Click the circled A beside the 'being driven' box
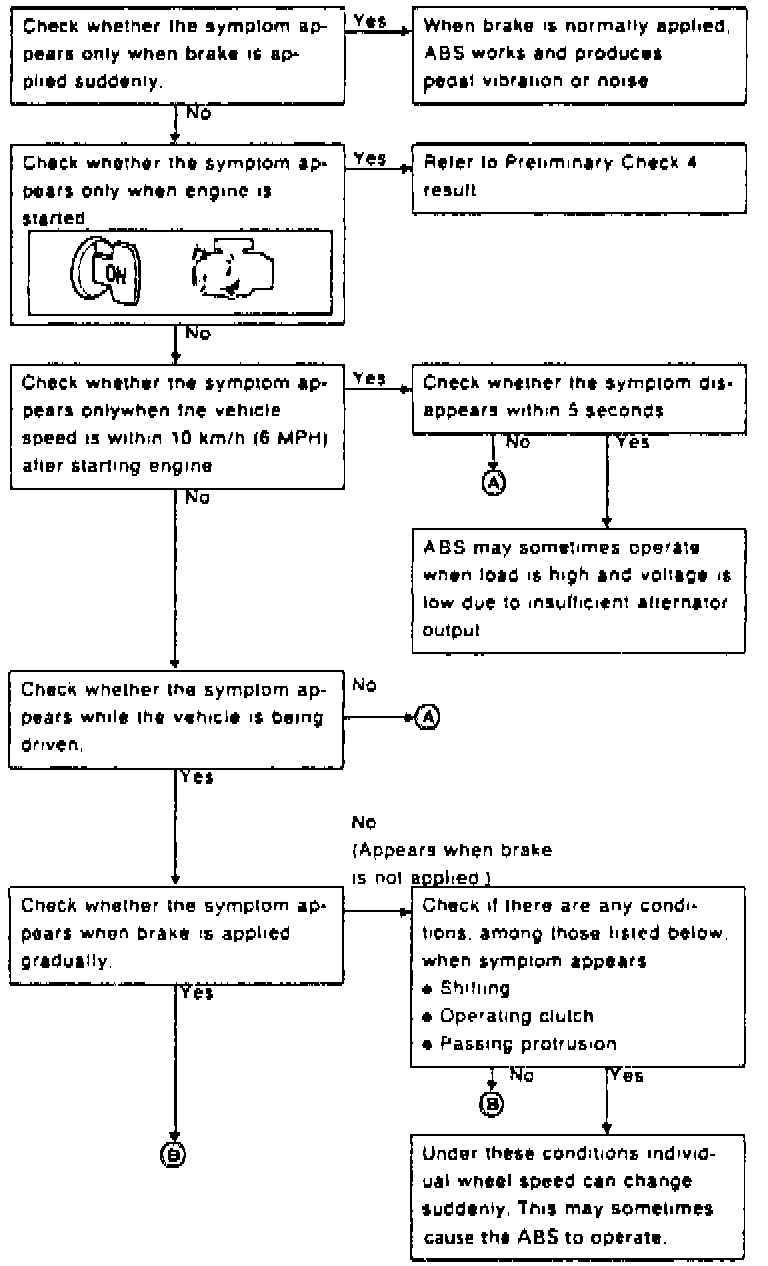point(427,717)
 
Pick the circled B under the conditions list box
point(492,1103)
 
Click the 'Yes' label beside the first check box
point(370,21)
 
